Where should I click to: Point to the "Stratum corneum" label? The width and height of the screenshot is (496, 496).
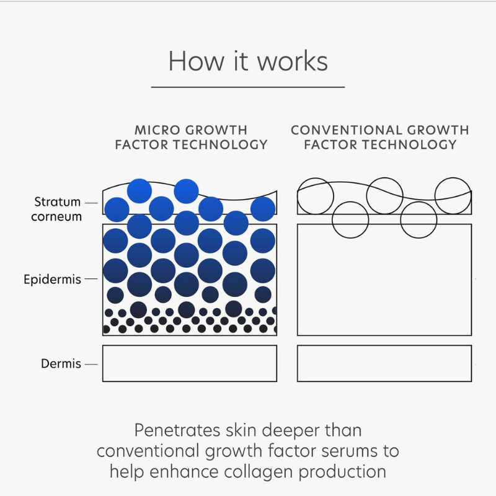pos(57,209)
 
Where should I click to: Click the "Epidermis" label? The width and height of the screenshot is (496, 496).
pos(53,280)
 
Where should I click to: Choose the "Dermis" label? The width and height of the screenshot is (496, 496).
pos(61,364)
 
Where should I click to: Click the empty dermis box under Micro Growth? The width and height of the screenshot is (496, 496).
pos(190,363)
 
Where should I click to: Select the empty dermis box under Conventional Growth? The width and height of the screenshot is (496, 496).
pos(384,363)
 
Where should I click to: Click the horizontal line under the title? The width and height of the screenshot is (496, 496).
pos(248,87)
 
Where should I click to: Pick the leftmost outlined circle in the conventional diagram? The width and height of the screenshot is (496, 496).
pos(316,196)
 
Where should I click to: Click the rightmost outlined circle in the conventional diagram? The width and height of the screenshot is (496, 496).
pos(453,195)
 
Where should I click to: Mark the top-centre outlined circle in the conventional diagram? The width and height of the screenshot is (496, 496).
pos(384,195)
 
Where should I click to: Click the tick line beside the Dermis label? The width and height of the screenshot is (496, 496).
pos(91,364)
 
